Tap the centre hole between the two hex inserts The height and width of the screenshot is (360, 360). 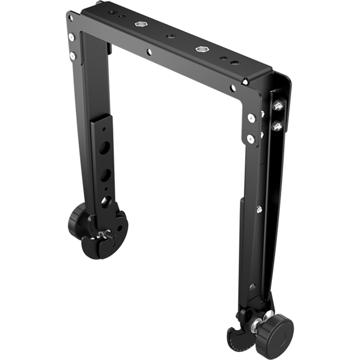coord(170,36)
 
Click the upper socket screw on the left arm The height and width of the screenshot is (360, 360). coord(72,36)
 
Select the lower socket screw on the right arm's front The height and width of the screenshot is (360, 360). coord(251,138)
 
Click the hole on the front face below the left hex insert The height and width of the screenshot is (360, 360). coord(149,52)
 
